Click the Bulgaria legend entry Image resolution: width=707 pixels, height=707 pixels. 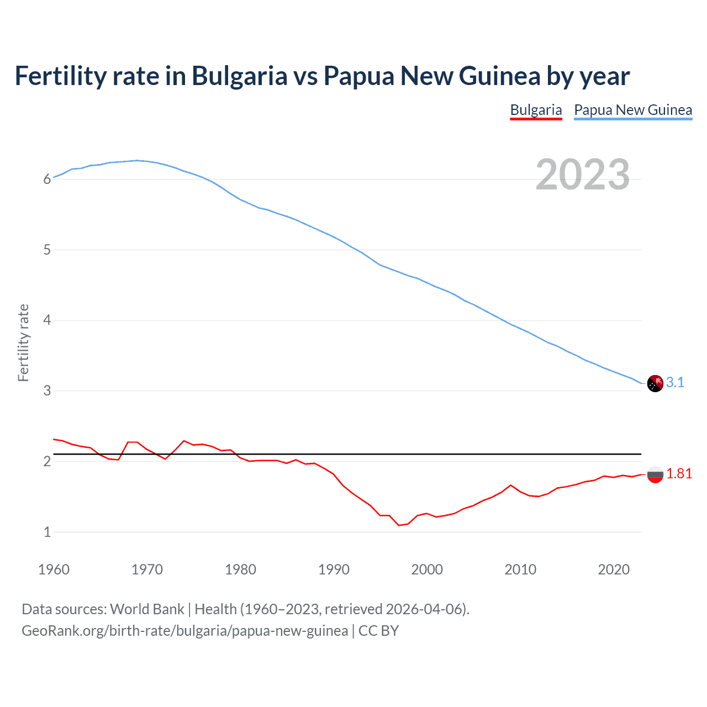coord(536,110)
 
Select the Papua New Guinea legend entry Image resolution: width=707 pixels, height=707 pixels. coord(633,110)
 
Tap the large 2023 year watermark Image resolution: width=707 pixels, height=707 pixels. coord(582,175)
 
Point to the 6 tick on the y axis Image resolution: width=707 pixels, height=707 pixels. coord(47,179)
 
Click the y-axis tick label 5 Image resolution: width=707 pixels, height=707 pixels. coord(47,250)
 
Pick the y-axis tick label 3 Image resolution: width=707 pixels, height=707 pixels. coord(47,391)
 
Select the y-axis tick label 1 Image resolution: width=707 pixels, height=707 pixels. coord(47,532)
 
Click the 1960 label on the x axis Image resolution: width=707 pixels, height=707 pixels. coord(54,569)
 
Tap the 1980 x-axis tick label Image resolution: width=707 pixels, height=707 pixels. coord(240,569)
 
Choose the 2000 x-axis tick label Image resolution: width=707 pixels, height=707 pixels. coord(427,569)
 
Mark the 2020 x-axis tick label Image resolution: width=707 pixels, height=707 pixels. coord(614,569)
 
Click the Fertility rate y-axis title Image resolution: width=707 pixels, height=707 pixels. coord(23,342)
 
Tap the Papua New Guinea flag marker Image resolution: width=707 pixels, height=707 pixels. coord(655,383)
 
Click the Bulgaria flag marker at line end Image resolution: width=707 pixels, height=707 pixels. coord(655,474)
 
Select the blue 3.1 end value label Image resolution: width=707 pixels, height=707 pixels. coord(675,382)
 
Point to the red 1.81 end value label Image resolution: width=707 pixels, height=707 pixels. coord(679,473)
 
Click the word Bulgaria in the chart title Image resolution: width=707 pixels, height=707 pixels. coord(239,76)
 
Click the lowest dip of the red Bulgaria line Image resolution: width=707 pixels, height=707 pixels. coord(399,525)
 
